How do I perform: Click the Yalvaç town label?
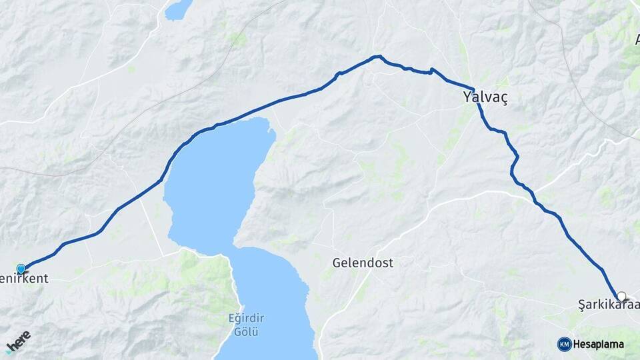485,97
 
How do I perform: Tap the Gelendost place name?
363,263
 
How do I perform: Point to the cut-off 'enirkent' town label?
25,278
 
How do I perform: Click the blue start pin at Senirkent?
21,269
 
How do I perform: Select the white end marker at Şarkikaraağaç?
621,296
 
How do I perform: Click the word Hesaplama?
598,344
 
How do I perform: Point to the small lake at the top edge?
178,9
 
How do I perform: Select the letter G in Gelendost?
337,263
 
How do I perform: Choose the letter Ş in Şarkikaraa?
581,305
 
